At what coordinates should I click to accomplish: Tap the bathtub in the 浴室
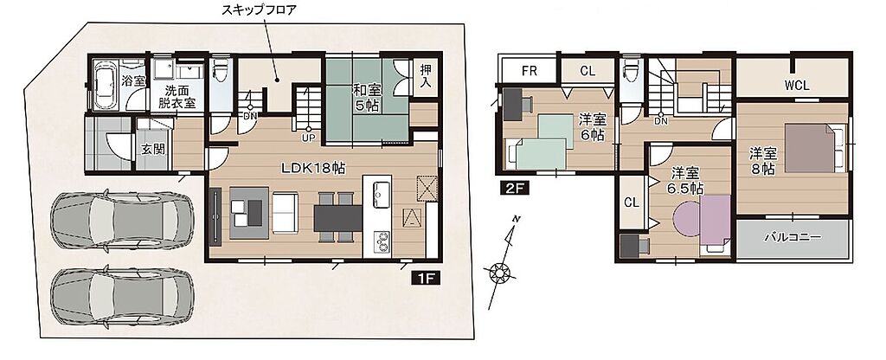[105, 86]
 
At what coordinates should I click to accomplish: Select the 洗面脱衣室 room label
[177, 97]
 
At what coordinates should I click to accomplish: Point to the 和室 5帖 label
[366, 97]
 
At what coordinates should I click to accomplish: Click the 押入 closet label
[426, 75]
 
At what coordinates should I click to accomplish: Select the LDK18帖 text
[314, 168]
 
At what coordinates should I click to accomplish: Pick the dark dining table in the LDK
[338, 217]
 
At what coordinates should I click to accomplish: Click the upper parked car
[122, 221]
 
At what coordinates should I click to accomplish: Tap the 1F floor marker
[426, 278]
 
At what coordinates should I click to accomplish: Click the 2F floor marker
[514, 188]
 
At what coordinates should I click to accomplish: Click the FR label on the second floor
[529, 71]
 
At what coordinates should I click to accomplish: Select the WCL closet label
[797, 86]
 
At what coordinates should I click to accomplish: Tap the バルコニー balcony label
[793, 237]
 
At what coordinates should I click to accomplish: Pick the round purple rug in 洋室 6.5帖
[689, 220]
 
